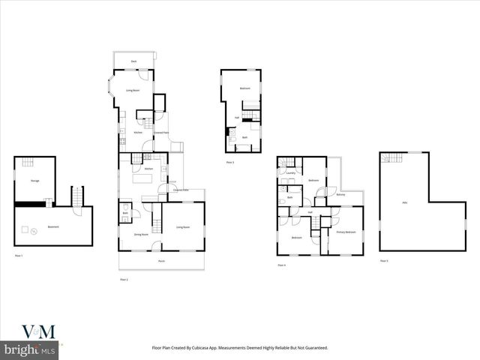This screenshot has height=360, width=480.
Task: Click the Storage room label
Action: tap(34, 181)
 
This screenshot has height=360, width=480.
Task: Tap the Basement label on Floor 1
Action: tap(53, 226)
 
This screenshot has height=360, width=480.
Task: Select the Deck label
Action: tap(133, 61)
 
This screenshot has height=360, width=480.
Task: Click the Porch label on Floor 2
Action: tap(161, 261)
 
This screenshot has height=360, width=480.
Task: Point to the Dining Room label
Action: tap(140, 235)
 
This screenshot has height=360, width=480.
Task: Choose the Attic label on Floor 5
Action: tap(405, 202)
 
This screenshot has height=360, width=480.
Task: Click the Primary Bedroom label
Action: tap(346, 232)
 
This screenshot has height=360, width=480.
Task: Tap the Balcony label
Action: tap(340, 195)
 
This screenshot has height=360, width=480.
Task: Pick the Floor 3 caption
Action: tap(229, 162)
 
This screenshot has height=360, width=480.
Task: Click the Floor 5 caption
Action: tap(383, 260)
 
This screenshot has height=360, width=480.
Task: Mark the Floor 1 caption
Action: tap(19, 256)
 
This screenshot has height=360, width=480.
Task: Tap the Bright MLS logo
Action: tap(29, 349)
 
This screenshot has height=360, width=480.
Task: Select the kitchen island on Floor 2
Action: tap(143, 179)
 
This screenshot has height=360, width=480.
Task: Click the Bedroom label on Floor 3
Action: tap(244, 88)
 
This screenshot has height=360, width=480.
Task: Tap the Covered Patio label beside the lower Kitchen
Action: tap(180, 190)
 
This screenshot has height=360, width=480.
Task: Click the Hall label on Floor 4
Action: tap(310, 212)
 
